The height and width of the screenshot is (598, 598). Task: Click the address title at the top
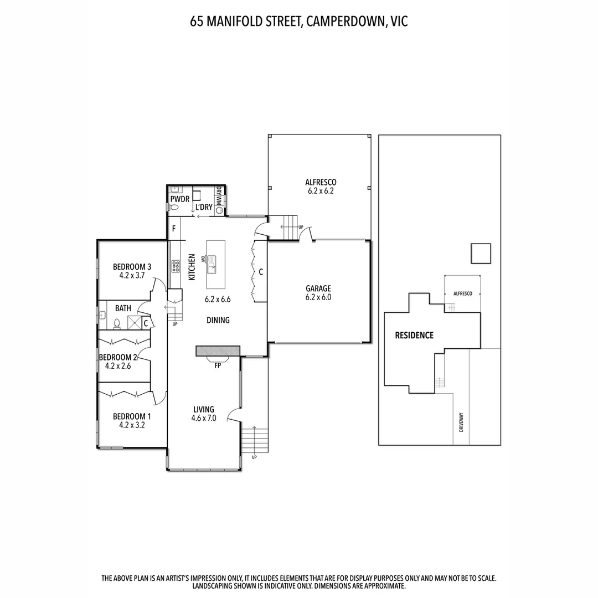tap(299, 22)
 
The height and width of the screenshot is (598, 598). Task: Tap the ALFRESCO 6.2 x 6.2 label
tap(321, 186)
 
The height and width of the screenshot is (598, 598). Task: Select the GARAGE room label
tap(318, 292)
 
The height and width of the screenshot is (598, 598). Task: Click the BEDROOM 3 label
tap(132, 270)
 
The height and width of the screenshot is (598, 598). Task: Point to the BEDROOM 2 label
tap(118, 361)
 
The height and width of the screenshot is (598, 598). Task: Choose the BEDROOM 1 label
tap(132, 420)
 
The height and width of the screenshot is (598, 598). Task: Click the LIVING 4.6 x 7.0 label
tap(204, 414)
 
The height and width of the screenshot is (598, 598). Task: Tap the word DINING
tap(218, 320)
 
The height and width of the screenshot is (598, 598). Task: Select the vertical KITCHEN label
tap(192, 267)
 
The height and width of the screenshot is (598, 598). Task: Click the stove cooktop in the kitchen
tap(176, 266)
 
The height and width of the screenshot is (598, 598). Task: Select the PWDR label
tap(180, 199)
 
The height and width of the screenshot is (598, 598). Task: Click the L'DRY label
tap(204, 207)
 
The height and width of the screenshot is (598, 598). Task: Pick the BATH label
tap(123, 308)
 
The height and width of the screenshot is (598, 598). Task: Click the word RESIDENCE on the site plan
tap(414, 335)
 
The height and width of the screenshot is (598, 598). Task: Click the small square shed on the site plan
tap(480, 254)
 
